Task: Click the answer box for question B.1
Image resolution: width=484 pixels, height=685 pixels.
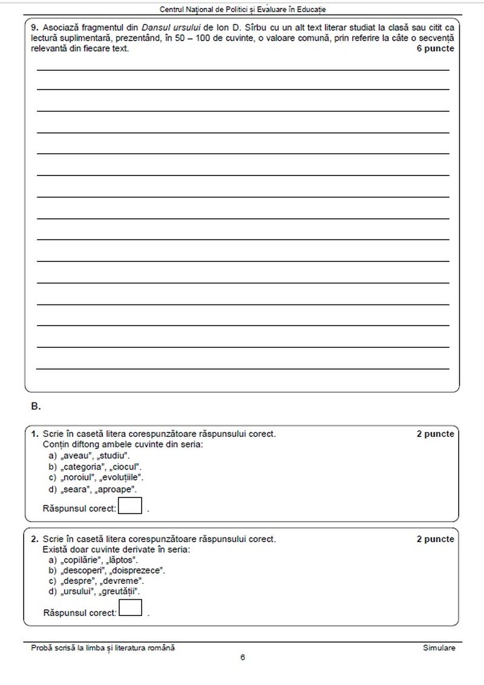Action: [130, 505]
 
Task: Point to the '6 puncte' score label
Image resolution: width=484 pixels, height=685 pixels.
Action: [434, 48]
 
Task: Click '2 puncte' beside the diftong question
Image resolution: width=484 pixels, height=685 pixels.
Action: [434, 434]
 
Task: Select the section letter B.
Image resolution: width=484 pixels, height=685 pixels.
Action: [36, 407]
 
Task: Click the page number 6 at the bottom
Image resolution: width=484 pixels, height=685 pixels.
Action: [242, 658]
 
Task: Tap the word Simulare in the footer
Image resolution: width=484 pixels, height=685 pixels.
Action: [439, 647]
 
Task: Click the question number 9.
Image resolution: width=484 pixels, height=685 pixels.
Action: [34, 28]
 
